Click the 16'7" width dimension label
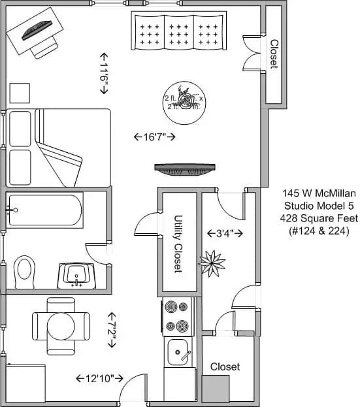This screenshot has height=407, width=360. pos(154,137)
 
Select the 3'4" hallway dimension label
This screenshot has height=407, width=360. pos(225,233)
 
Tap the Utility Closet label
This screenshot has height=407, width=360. pos(178,244)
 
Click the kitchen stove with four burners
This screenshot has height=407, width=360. pos(178,316)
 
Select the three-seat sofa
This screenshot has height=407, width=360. pos(178,31)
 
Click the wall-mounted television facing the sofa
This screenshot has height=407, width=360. pos(185,168)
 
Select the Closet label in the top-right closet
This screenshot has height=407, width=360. pos(274,54)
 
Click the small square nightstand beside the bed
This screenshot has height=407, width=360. pos(20,93)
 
